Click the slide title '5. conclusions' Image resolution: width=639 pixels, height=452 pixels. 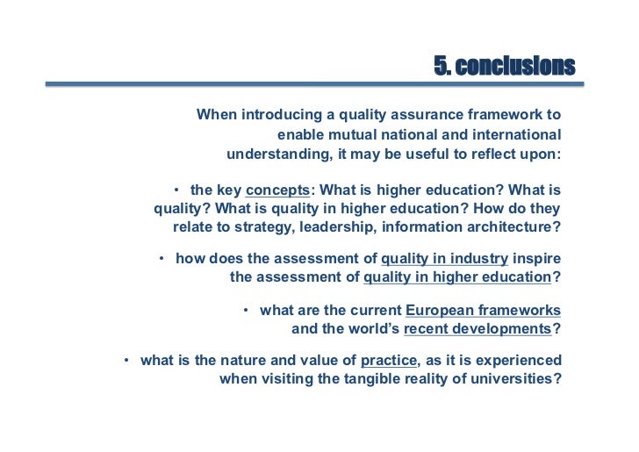click(505, 66)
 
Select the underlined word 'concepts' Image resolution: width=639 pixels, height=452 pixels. click(278, 190)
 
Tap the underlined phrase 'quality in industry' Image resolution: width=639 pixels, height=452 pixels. click(444, 259)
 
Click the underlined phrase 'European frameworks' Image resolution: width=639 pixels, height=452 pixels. click(483, 311)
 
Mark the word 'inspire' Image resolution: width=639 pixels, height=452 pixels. click(537, 259)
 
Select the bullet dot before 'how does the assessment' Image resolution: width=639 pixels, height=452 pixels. click(162, 259)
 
